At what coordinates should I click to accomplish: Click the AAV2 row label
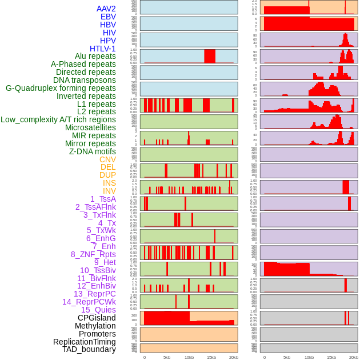click(106, 9)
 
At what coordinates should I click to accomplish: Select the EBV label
click(108, 17)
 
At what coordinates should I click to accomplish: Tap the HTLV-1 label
click(103, 49)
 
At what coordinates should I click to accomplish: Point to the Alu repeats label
click(95, 56)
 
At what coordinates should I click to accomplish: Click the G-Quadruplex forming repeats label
click(61, 88)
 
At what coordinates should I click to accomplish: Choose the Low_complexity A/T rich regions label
click(58, 119)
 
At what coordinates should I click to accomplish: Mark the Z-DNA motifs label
click(93, 151)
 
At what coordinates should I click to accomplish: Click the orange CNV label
click(107, 159)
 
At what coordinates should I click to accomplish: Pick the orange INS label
click(109, 183)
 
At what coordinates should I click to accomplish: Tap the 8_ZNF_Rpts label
click(93, 254)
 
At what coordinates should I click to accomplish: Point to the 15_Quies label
click(98, 310)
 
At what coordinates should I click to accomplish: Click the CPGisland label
click(97, 318)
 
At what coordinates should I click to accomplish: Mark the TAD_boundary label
click(89, 349)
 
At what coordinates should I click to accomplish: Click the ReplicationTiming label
click(85, 342)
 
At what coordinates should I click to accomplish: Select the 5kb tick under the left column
click(167, 357)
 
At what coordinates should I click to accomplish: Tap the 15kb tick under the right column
click(331, 357)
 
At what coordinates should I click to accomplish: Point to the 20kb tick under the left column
click(233, 357)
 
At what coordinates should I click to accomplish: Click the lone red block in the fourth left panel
click(210, 56)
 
